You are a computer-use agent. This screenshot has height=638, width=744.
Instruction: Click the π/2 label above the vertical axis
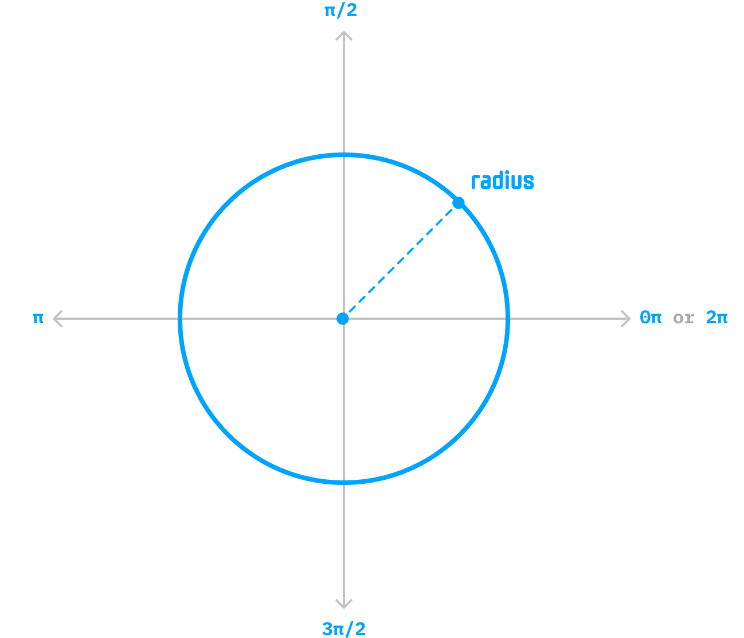(x=341, y=10)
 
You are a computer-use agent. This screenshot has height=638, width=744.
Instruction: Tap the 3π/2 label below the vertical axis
(x=344, y=629)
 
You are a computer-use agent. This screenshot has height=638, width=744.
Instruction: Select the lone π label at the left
(x=38, y=318)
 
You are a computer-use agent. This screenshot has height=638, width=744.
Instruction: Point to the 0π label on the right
(x=651, y=318)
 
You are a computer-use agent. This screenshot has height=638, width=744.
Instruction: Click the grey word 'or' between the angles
(x=683, y=318)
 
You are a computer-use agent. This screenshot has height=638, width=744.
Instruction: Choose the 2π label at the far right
(x=716, y=318)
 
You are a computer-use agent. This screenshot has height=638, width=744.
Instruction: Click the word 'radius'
(x=502, y=181)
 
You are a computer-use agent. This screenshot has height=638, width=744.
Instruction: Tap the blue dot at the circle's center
(x=343, y=319)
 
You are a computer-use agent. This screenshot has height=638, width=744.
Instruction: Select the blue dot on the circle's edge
(x=459, y=203)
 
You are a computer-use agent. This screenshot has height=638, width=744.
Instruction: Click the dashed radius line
(x=401, y=260)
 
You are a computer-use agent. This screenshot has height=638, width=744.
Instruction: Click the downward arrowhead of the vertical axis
(x=344, y=604)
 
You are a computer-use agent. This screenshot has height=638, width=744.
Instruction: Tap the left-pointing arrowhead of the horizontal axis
(x=56, y=319)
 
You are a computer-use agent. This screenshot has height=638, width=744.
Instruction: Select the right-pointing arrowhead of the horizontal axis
(x=626, y=319)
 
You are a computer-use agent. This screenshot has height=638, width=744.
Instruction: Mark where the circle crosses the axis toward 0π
(x=508, y=319)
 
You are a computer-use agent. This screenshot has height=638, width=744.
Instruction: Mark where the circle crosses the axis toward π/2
(x=344, y=155)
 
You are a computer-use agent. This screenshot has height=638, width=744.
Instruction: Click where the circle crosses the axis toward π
(x=180, y=319)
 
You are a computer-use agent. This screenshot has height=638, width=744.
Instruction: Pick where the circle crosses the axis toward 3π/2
(x=344, y=482)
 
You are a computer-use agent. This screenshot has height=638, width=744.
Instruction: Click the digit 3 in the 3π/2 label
(x=327, y=629)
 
